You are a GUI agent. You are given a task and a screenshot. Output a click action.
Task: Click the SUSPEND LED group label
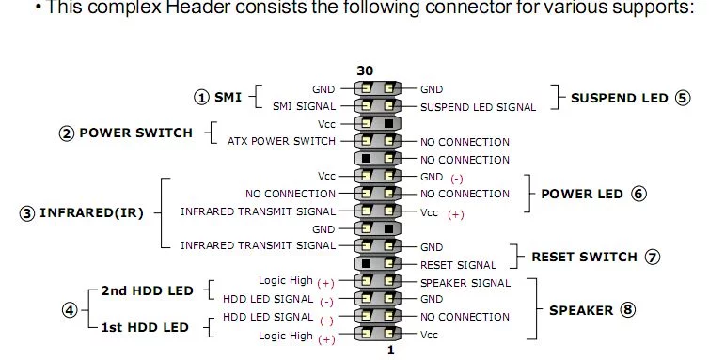click(620, 98)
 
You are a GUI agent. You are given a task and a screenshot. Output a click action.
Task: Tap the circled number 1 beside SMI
click(201, 97)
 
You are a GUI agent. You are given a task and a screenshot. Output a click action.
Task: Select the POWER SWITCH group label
click(136, 133)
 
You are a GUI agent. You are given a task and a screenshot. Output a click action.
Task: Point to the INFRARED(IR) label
click(91, 213)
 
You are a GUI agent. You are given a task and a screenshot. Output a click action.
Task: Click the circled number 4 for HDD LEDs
click(70, 310)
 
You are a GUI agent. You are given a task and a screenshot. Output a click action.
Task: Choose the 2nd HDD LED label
click(148, 290)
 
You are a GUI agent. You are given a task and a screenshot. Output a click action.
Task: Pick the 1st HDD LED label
click(145, 327)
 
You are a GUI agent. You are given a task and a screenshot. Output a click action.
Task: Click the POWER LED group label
click(582, 194)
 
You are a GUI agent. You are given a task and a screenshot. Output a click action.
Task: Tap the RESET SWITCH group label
click(584, 257)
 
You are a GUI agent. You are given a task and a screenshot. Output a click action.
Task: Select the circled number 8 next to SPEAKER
click(627, 310)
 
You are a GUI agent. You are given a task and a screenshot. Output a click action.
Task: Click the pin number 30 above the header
click(365, 71)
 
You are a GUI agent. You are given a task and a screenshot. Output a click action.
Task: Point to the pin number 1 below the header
click(390, 350)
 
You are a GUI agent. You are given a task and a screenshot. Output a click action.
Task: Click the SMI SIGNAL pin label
click(305, 107)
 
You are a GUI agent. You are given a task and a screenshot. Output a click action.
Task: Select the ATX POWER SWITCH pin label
click(281, 141)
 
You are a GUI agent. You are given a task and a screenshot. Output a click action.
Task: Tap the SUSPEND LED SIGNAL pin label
click(478, 108)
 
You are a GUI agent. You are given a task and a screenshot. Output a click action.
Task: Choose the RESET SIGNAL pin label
click(458, 265)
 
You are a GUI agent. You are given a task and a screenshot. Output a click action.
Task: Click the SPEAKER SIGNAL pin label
click(465, 283)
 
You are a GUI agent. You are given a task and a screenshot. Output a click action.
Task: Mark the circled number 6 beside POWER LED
click(638, 194)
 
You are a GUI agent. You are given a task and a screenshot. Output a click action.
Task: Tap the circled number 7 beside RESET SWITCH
click(652, 257)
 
